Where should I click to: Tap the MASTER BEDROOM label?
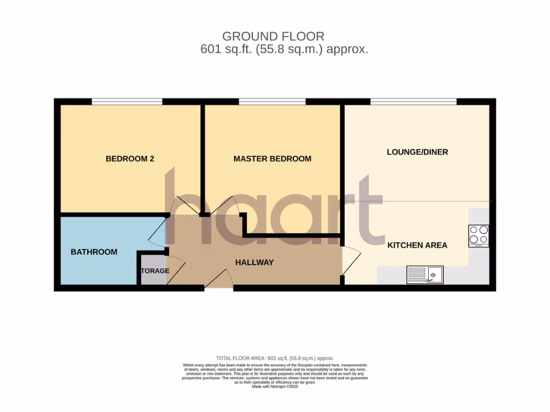(272, 159)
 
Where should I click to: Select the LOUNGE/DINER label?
(417, 152)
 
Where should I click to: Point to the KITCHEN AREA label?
(417, 245)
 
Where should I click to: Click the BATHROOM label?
(94, 252)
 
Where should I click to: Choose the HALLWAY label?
(255, 263)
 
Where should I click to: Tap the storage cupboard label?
(155, 271)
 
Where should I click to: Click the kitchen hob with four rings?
(479, 235)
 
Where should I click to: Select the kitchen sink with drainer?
(424, 275)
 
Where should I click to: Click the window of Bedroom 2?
(127, 101)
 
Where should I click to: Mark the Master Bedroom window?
(272, 101)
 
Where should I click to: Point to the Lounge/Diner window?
(413, 101)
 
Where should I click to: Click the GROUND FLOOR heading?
(273, 36)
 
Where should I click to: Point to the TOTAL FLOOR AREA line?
(274, 358)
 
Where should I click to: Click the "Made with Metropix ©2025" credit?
(274, 387)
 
